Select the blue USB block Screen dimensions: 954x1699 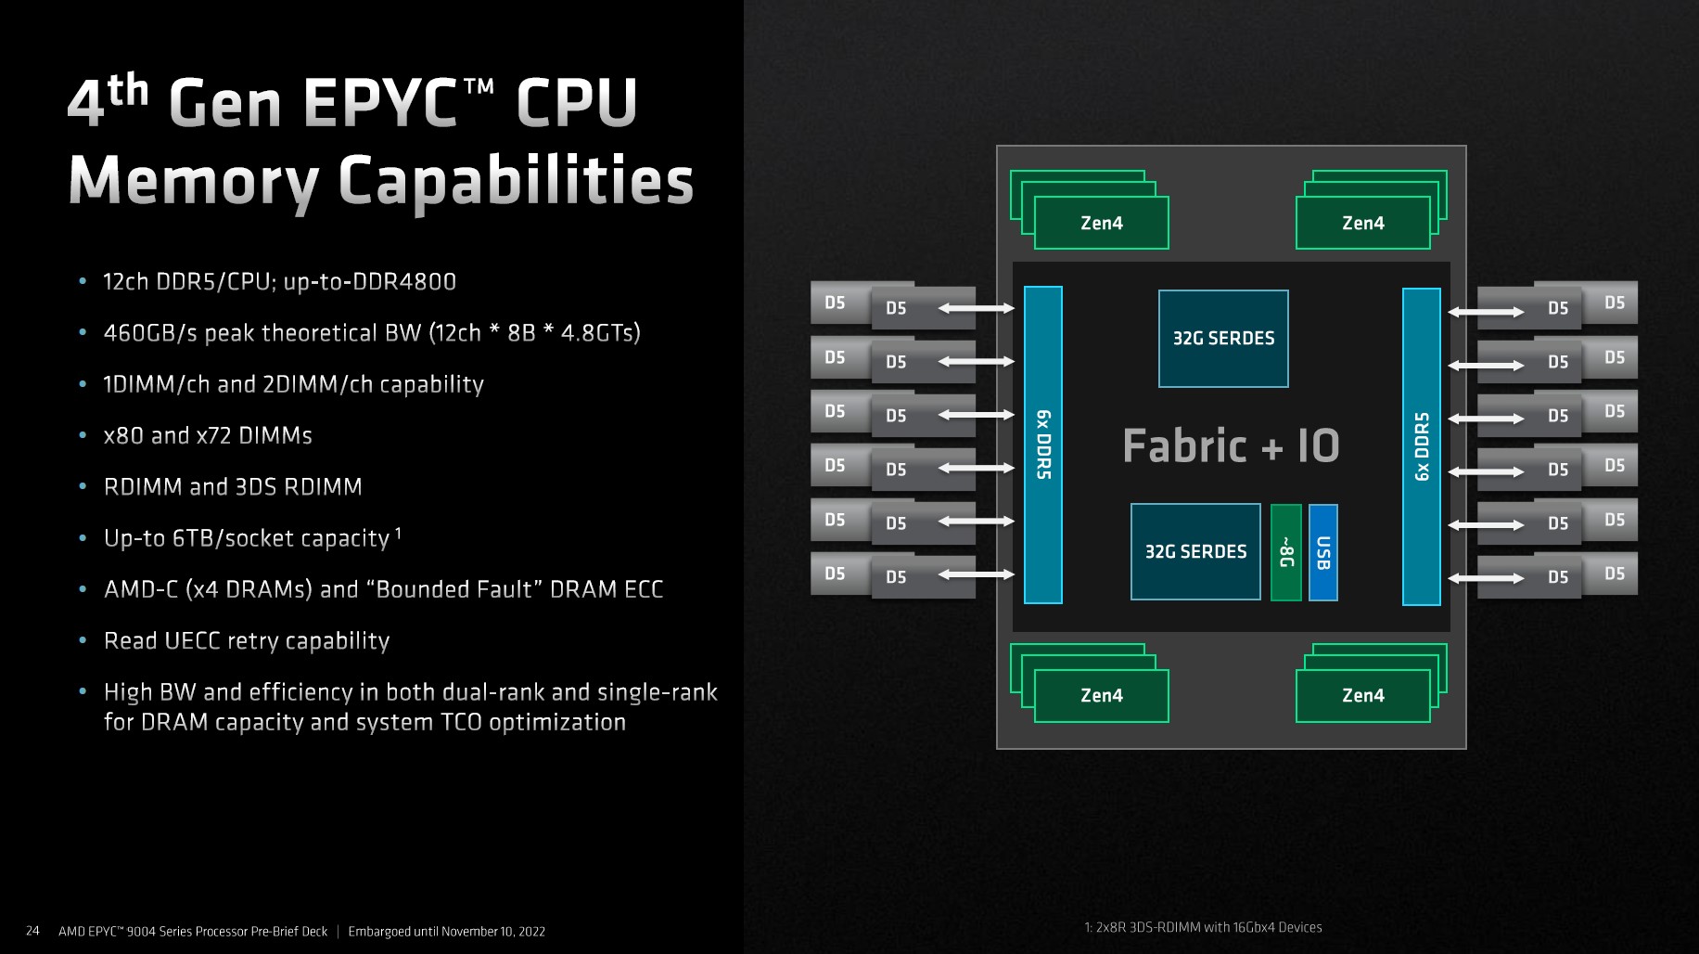(1322, 552)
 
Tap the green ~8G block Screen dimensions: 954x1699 (1285, 552)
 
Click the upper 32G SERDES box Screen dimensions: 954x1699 (1223, 339)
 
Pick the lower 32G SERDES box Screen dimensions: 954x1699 (1195, 552)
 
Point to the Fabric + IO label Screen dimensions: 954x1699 (1231, 445)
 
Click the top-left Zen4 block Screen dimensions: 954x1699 (1101, 223)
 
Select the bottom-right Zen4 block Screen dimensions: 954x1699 (1362, 695)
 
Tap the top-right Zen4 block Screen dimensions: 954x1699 (1362, 223)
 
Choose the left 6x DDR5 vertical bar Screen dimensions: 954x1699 (1043, 445)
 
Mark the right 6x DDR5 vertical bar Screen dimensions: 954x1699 (1421, 446)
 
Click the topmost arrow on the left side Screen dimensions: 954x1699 (976, 308)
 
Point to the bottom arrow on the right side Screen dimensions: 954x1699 (1486, 577)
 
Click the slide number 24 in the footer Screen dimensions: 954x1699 (32, 931)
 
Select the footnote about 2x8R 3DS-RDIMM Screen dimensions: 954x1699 (1203, 927)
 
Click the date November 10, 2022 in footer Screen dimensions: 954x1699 (492, 932)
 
